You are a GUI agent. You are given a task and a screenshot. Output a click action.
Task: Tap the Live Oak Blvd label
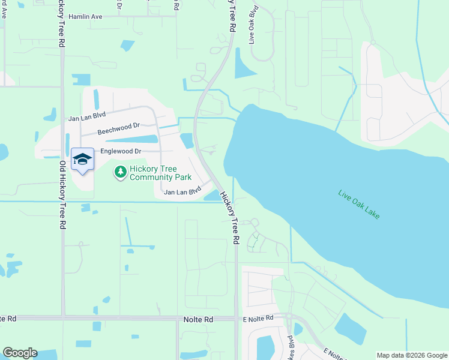[253, 25]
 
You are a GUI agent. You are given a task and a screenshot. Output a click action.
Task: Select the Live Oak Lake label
[359, 204]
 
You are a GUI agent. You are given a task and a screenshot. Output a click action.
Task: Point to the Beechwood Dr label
[118, 129]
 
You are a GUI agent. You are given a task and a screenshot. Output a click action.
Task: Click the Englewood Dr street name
[121, 152]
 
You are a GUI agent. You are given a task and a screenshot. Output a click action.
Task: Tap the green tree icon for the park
[121, 173]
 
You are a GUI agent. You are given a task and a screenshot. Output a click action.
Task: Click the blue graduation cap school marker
[82, 159]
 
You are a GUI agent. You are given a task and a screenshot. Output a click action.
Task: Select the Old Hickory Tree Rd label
[62, 195]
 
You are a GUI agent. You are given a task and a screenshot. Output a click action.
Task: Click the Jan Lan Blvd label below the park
[182, 192]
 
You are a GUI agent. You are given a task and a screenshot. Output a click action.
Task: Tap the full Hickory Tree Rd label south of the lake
[229, 217]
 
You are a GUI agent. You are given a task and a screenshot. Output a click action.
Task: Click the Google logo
[20, 353]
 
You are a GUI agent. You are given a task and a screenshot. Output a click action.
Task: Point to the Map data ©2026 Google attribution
[411, 355]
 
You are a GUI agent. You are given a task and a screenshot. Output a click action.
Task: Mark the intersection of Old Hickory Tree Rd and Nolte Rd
[62, 317]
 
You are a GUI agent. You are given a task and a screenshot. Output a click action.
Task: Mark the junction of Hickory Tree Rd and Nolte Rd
[236, 318]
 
